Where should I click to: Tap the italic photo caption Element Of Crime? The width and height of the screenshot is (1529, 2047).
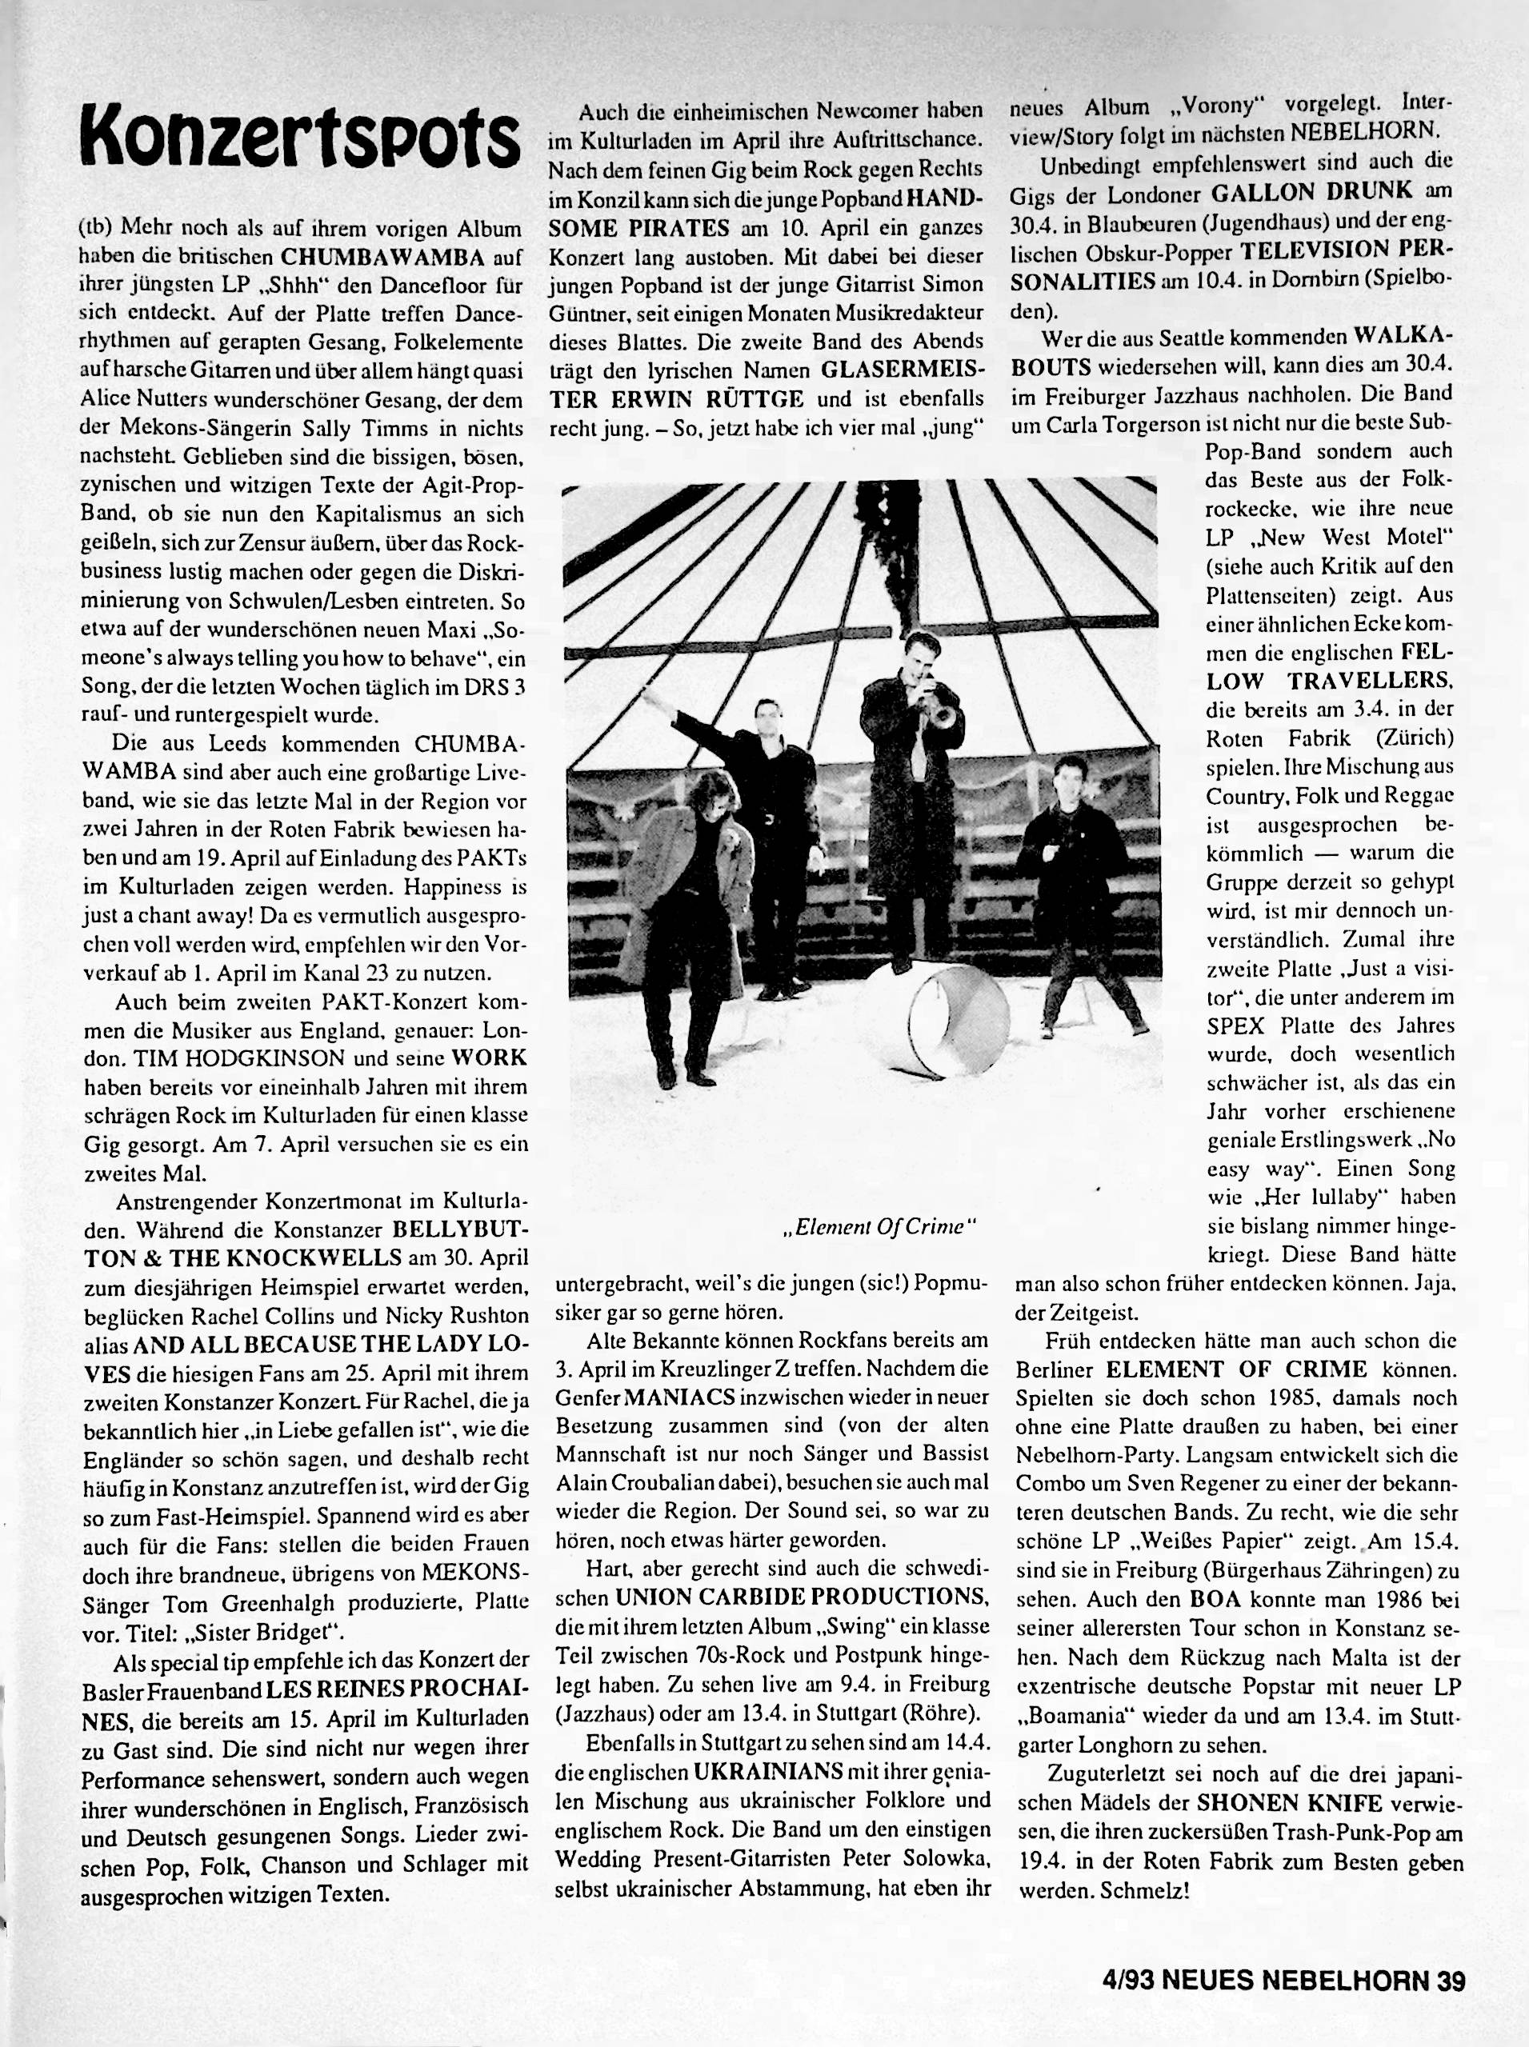coord(880,1228)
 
